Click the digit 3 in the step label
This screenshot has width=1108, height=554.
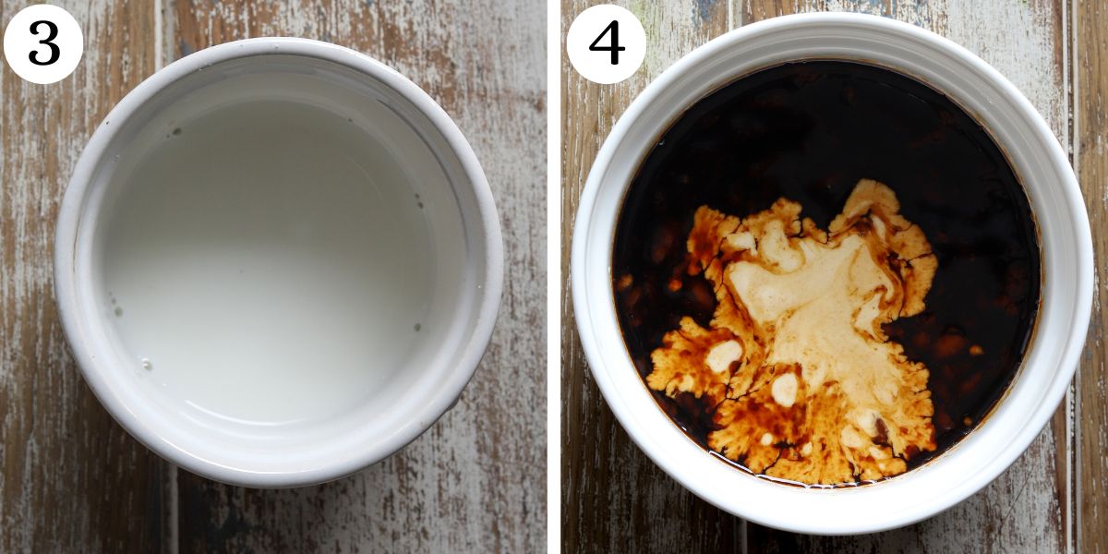44,42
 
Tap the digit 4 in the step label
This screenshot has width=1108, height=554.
607,42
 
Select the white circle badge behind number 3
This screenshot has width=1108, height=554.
43,43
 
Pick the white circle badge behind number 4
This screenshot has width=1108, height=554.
607,43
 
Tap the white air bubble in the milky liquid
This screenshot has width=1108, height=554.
147,365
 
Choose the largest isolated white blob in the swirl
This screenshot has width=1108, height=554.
723,355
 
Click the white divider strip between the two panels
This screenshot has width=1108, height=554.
554,277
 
